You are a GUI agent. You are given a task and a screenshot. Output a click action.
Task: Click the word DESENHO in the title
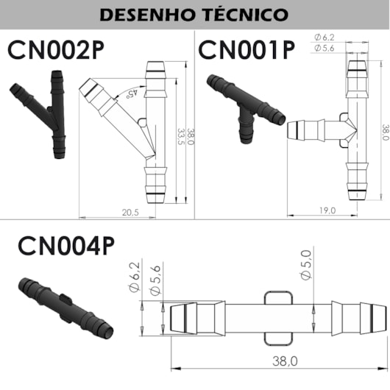tap(146, 15)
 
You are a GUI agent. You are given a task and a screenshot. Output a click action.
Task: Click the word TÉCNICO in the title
tap(247, 15)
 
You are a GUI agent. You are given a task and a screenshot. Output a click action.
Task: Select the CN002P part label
tap(56, 50)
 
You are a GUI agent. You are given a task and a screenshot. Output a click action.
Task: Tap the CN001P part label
tap(247, 50)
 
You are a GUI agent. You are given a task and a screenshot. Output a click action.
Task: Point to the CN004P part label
tap(66, 246)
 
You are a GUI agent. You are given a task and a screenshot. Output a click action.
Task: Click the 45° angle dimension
tap(132, 93)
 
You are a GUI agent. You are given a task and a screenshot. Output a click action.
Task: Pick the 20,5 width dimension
tap(130, 213)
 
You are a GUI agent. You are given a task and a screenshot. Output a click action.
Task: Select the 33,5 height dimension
tap(182, 137)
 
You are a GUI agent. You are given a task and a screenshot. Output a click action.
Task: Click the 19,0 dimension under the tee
tap(327, 210)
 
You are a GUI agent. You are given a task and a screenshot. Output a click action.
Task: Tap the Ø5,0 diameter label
tap(306, 265)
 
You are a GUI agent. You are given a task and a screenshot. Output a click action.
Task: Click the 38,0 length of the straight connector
tap(285, 361)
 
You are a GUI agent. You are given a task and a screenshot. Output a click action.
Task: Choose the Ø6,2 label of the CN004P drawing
tap(135, 277)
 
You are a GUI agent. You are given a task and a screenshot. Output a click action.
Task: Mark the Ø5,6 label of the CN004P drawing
tap(155, 280)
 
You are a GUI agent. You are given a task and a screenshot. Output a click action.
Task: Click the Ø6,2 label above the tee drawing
tap(325, 38)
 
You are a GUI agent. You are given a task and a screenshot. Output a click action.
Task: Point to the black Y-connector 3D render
tap(38, 114)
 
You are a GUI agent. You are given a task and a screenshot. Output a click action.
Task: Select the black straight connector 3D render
tap(65, 308)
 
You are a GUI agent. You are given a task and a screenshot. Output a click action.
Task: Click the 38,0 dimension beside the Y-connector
tap(191, 137)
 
